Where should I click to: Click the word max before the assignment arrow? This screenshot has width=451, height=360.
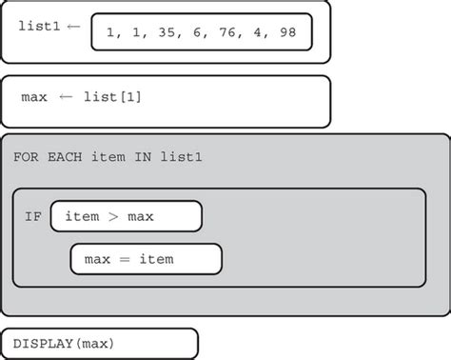pyautogui.click(x=34, y=98)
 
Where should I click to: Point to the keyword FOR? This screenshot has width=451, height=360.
pyautogui.click(x=26, y=155)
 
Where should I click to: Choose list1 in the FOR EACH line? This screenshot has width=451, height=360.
pyautogui.click(x=181, y=155)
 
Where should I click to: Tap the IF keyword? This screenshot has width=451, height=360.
pyautogui.click(x=33, y=216)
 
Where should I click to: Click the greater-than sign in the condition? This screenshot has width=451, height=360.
pyautogui.click(x=113, y=217)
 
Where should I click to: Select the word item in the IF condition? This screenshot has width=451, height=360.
pyautogui.click(x=82, y=216)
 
